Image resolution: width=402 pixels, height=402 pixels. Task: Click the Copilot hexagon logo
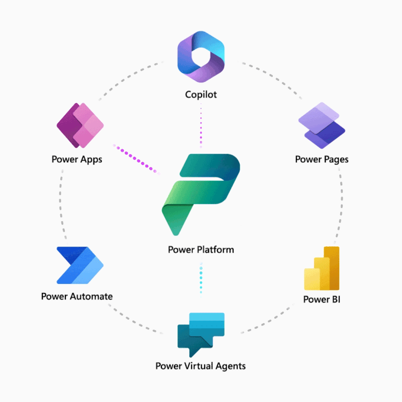[201, 56]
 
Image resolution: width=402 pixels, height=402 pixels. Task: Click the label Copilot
[201, 94]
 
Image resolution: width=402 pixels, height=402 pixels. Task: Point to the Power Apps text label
[77, 159]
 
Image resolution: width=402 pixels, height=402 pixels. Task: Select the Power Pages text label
[322, 159]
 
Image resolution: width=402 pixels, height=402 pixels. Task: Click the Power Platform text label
[201, 249]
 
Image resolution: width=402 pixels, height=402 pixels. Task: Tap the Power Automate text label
[77, 296]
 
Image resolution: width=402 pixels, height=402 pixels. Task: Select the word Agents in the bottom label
[230, 365]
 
